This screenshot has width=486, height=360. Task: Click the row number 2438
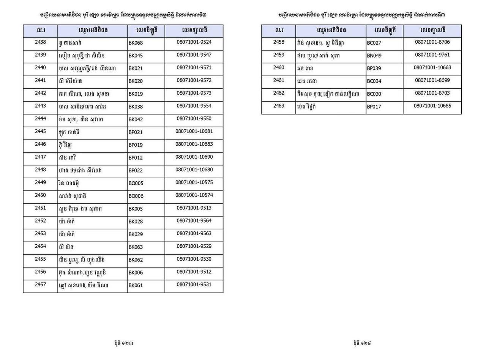click(40, 42)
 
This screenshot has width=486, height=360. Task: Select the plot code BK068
click(136, 43)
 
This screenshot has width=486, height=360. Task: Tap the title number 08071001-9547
click(194, 55)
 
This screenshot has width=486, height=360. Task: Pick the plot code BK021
click(136, 69)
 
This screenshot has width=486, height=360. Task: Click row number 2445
click(40, 131)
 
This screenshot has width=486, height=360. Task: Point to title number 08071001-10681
click(194, 131)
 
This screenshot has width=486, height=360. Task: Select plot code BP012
click(136, 158)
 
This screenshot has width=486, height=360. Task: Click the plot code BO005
click(136, 183)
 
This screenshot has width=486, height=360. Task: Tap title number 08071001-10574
click(194, 195)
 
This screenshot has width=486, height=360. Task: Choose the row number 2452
click(40, 221)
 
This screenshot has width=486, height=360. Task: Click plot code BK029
click(136, 234)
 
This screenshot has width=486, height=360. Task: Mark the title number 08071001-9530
click(194, 259)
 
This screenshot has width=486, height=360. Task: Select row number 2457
click(40, 285)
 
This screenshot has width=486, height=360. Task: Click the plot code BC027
click(374, 43)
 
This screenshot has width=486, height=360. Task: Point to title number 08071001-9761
click(432, 55)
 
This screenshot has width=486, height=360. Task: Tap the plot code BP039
click(374, 69)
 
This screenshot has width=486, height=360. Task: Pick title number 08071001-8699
click(432, 80)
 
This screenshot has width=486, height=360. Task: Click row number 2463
click(278, 106)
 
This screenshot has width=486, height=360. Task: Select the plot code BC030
click(374, 94)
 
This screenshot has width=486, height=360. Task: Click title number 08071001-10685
click(432, 106)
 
